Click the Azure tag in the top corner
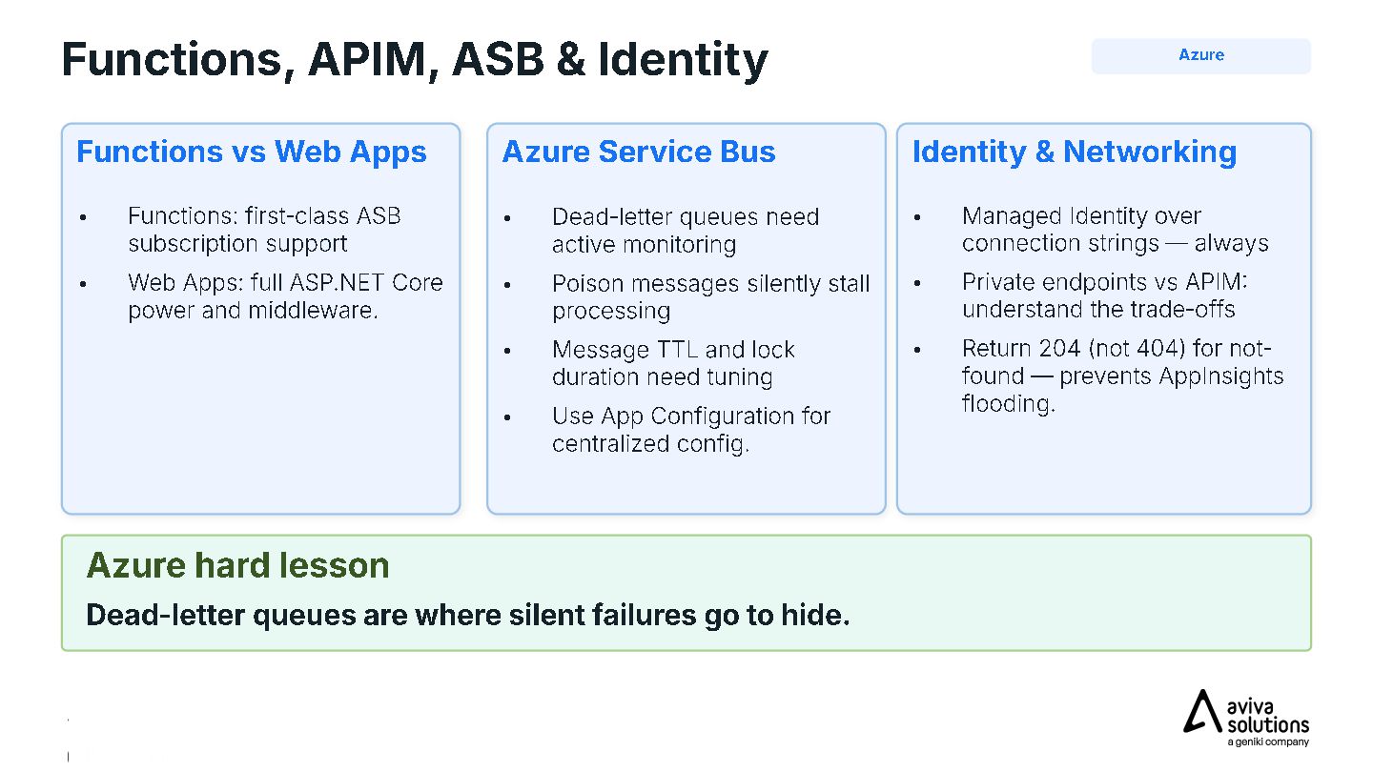[1200, 55]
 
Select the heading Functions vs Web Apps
[252, 152]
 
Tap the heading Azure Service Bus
[639, 152]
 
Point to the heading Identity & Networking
[1075, 152]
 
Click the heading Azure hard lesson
[237, 565]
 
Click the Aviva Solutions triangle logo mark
[1202, 711]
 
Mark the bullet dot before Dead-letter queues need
[507, 218]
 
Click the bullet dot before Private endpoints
[917, 283]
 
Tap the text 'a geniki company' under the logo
[1267, 742]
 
